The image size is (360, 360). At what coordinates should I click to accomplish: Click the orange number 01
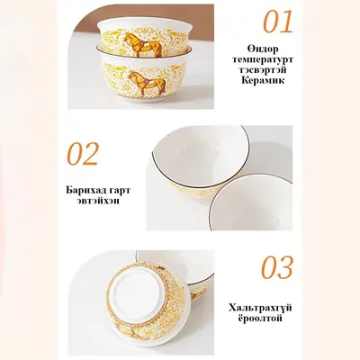pos(278,22)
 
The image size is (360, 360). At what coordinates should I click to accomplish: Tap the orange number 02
pos(83,154)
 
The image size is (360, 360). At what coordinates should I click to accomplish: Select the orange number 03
pos(277,267)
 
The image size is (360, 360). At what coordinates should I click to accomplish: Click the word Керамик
pos(263,81)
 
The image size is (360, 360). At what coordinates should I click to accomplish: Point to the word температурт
pos(263,59)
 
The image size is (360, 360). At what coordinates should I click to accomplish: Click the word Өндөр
pos(263,49)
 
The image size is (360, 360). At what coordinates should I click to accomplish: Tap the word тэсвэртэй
pos(263,70)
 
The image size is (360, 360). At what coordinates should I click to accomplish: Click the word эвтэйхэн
pos(98,201)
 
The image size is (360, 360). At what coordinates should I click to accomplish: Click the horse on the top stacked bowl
pos(143,44)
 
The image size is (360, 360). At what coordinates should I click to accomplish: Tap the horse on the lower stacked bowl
pos(147,82)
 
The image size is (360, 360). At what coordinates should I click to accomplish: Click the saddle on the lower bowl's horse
pos(147,80)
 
